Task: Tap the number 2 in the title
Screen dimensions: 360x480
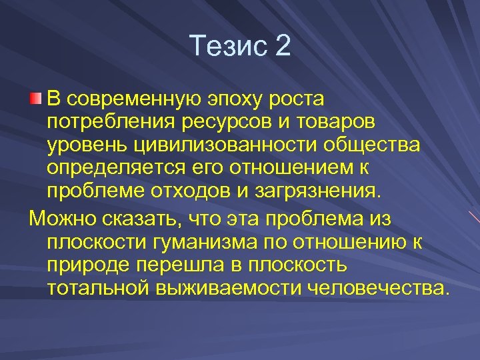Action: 283,46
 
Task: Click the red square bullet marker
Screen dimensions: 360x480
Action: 35,100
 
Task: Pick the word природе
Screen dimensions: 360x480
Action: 87,264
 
